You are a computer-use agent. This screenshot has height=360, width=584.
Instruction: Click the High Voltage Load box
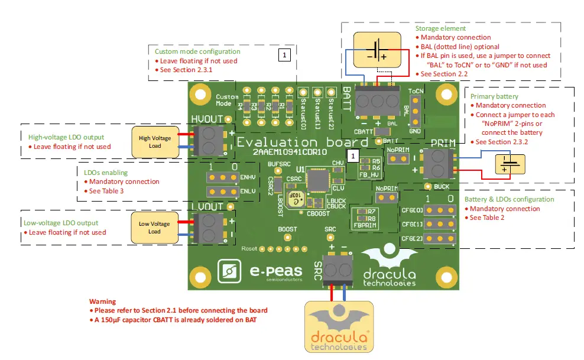[x=155, y=142]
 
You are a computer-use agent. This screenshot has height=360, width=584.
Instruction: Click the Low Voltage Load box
[x=154, y=227]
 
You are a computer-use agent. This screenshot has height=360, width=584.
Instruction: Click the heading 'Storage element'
[x=440, y=28]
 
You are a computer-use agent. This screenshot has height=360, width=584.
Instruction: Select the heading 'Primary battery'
[x=494, y=96]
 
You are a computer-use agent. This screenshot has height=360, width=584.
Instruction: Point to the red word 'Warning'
[x=102, y=301]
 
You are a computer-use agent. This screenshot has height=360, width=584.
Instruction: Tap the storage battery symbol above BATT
[x=376, y=51]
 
